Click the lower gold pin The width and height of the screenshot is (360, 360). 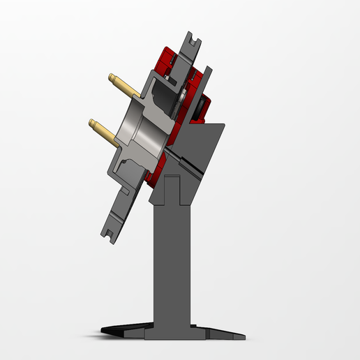[105, 129]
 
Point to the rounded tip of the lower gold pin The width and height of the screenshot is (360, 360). [91, 123]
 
